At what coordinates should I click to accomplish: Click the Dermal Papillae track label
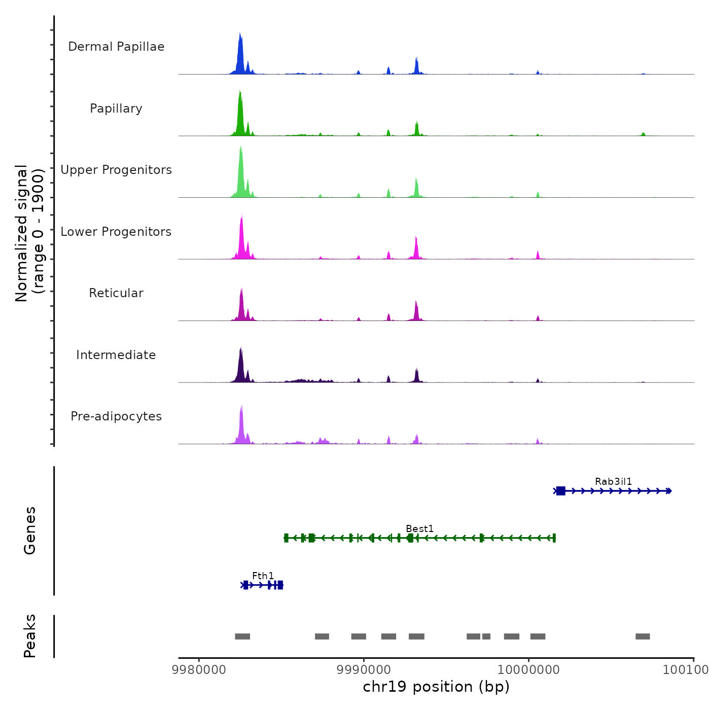(116, 47)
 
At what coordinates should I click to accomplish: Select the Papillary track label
(116, 109)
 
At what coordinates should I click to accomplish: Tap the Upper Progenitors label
(116, 170)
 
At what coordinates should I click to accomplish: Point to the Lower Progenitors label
(116, 232)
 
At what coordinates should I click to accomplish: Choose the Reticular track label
(116, 293)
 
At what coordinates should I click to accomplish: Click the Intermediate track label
(116, 355)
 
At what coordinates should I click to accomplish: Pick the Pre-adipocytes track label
(116, 416)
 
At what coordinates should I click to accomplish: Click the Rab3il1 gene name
(613, 481)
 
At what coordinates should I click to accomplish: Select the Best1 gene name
(419, 528)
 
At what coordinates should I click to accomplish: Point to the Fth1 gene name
(263, 576)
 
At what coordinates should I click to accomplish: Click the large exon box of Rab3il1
(560, 491)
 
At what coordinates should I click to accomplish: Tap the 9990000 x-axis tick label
(364, 669)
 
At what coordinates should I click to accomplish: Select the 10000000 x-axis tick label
(528, 669)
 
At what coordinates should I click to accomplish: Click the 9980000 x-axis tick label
(199, 669)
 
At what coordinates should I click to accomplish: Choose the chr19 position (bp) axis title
(436, 687)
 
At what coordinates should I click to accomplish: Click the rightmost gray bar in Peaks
(643, 636)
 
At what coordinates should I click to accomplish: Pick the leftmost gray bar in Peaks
(242, 636)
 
